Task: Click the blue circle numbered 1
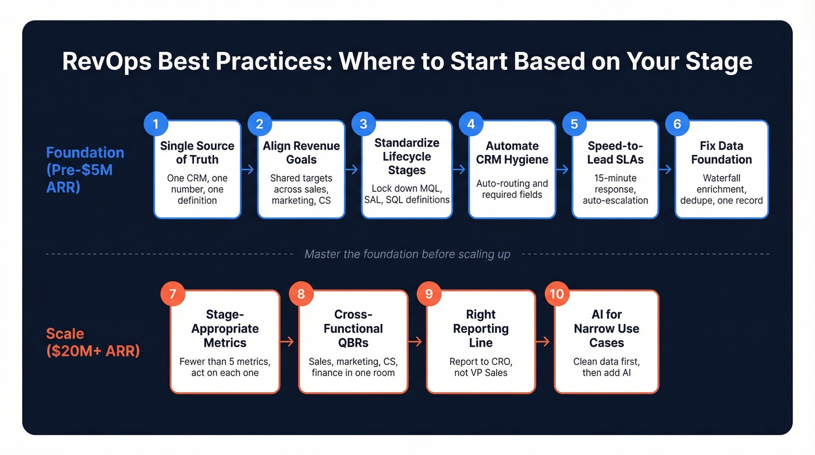pos(155,124)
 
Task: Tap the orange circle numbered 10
pos(557,294)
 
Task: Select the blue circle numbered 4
pos(471,124)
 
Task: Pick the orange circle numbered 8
pos(301,294)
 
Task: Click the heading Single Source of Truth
pos(197,153)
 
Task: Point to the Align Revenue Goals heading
pos(301,153)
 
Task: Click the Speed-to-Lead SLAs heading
pos(615,153)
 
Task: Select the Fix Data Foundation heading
pos(721,153)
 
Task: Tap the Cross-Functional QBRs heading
pos(353,329)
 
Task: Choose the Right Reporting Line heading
pos(481,329)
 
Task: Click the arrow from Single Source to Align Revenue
pos(249,170)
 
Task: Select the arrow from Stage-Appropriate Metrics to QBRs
pos(289,341)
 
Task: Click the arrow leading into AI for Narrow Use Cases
pos(544,341)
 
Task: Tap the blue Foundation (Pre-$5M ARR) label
pos(85,170)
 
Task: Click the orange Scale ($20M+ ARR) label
pos(93,342)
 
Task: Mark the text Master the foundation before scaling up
pos(408,254)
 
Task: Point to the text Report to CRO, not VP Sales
pos(481,367)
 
